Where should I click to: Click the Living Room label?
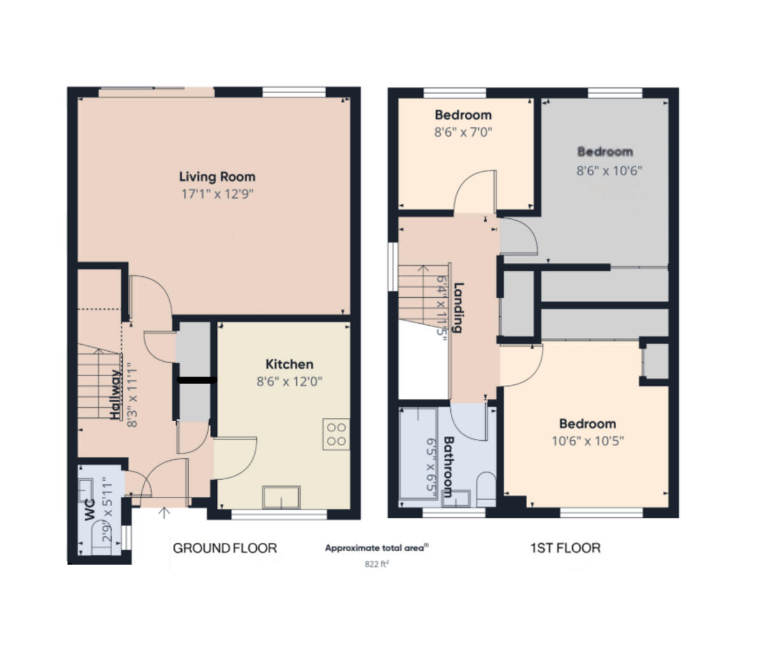point(217,177)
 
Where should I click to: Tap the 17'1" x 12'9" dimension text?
point(217,194)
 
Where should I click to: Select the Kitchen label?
point(289,365)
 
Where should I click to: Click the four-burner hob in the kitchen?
point(336,434)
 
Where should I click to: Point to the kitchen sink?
point(281,497)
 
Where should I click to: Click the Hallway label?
point(115,395)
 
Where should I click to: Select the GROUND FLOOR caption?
point(225,548)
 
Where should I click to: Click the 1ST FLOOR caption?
point(565,548)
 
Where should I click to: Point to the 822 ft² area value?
point(376,564)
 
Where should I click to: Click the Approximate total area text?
point(376,548)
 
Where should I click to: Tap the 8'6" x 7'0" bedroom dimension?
point(463,132)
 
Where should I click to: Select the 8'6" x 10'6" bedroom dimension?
point(610,170)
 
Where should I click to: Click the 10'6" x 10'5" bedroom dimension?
point(588,441)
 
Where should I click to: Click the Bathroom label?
point(448,466)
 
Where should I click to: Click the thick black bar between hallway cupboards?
point(197,381)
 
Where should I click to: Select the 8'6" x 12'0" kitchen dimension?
point(289,382)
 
